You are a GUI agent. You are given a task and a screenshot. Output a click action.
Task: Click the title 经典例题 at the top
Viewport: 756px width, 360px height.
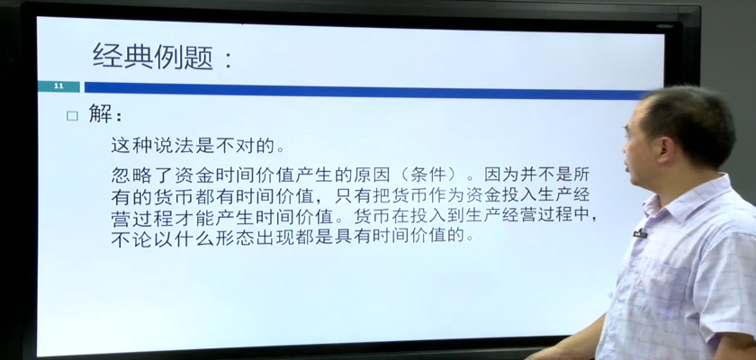(152, 57)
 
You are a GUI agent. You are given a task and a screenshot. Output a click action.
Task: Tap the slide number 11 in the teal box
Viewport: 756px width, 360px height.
(58, 86)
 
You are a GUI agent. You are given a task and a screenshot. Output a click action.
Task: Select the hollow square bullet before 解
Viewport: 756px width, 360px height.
(72, 116)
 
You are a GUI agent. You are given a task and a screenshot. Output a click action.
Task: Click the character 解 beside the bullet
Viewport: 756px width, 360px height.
(101, 114)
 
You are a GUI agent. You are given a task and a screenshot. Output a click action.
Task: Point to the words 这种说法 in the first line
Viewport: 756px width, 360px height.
(152, 145)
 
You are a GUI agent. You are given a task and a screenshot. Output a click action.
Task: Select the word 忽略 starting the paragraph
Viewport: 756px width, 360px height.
(131, 175)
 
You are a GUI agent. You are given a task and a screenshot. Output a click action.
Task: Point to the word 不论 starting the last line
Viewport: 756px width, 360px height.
(131, 237)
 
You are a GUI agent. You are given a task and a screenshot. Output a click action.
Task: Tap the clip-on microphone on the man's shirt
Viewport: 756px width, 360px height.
(640, 234)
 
